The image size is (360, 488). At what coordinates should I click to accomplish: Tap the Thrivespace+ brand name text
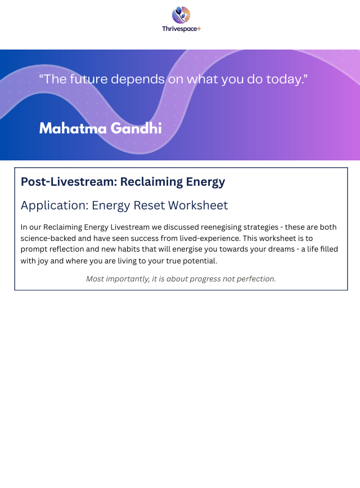181,29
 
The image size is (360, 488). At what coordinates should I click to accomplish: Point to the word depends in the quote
138,79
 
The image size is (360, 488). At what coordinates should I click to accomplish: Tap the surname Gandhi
136,129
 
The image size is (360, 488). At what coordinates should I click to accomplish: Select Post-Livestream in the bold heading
69,182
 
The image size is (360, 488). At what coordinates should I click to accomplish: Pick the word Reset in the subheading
150,205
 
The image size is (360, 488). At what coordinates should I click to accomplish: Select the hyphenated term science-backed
48,239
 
